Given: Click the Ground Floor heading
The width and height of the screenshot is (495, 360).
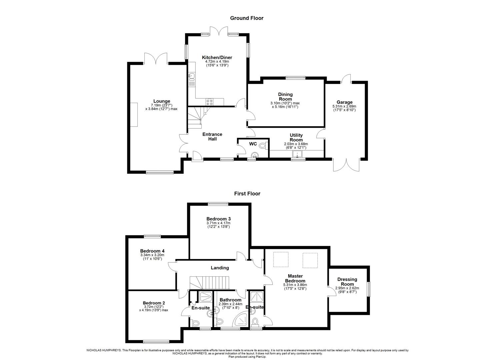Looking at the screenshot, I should tap(247, 18).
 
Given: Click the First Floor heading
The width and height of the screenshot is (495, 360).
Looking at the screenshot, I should tap(247, 193).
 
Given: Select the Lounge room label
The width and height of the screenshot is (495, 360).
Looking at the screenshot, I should tap(162, 101).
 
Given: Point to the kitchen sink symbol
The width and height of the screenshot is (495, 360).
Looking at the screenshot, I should tap(191, 78).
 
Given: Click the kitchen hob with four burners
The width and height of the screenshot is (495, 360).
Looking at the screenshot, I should tap(210, 102).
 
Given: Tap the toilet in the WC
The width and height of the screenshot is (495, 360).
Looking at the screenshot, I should tap(263, 145).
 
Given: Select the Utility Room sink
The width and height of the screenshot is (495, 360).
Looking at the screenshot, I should tap(296, 154).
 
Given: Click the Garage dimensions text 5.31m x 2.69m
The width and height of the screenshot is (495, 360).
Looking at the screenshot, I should tap(344, 107).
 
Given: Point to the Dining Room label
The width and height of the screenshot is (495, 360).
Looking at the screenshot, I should tap(285, 97).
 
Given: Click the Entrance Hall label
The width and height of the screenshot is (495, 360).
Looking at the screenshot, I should tap(212, 137).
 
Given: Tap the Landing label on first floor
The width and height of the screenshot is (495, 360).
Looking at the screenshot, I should tap(220, 268).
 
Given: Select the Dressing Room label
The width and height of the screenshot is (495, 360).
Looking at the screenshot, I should tap(347, 282).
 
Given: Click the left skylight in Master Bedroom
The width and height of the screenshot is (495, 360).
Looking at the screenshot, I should tap(280, 260).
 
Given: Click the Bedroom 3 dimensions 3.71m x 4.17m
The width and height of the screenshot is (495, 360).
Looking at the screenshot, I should tap(218, 223).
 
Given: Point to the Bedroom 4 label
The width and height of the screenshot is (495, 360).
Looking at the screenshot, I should tap(152, 251).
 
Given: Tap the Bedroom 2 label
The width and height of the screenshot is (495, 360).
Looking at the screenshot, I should tap(152, 303).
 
